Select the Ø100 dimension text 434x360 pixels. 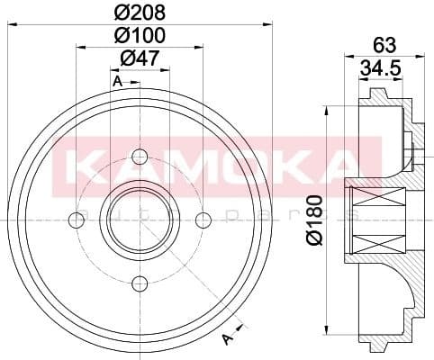pyautogui.click(x=139, y=36)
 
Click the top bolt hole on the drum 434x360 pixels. pyautogui.click(x=139, y=153)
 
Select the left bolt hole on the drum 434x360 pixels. pyautogui.click(x=75, y=219)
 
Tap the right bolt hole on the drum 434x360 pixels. pyautogui.click(x=203, y=219)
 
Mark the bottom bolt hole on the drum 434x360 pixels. pyautogui.click(x=139, y=283)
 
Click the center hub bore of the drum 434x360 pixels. pyautogui.click(x=139, y=219)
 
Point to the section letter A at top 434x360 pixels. pyautogui.click(x=117, y=82)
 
